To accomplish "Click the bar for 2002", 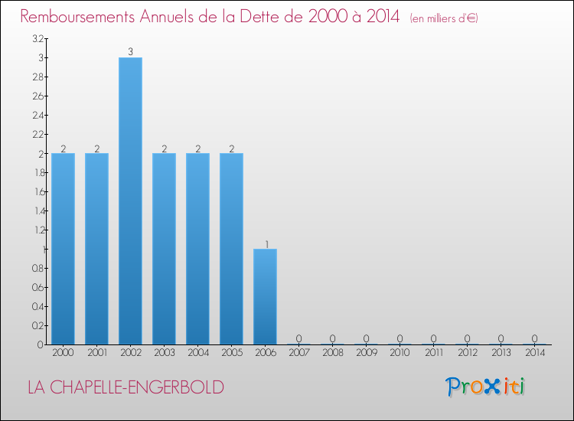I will (x=130, y=201).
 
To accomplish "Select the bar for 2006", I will (x=265, y=296).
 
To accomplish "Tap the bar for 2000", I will (x=63, y=249).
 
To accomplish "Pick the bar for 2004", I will (x=197, y=249).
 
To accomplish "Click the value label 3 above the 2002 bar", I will (x=130, y=52).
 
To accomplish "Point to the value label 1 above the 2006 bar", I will (x=266, y=244).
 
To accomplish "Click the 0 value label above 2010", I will (x=400, y=338).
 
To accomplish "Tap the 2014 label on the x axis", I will (x=534, y=354).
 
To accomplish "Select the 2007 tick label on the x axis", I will (x=298, y=354).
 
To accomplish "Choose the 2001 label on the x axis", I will (x=96, y=354).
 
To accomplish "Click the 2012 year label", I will (x=467, y=354).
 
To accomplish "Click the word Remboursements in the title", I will (x=85, y=16).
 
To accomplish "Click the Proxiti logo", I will (x=485, y=387).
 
